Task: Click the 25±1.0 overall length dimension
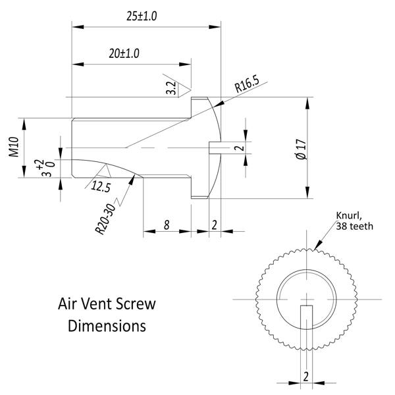142,16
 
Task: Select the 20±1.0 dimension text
124,53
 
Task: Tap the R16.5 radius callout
247,84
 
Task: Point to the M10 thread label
14,147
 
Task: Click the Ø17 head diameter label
302,149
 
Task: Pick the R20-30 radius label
105,219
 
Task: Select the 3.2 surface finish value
171,88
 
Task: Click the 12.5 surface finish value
101,187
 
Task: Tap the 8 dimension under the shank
167,225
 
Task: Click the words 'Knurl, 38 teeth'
354,221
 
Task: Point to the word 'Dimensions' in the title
107,326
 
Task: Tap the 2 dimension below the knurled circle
306,377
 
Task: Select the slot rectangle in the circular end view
306,317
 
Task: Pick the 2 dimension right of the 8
214,225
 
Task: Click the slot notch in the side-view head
215,147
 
